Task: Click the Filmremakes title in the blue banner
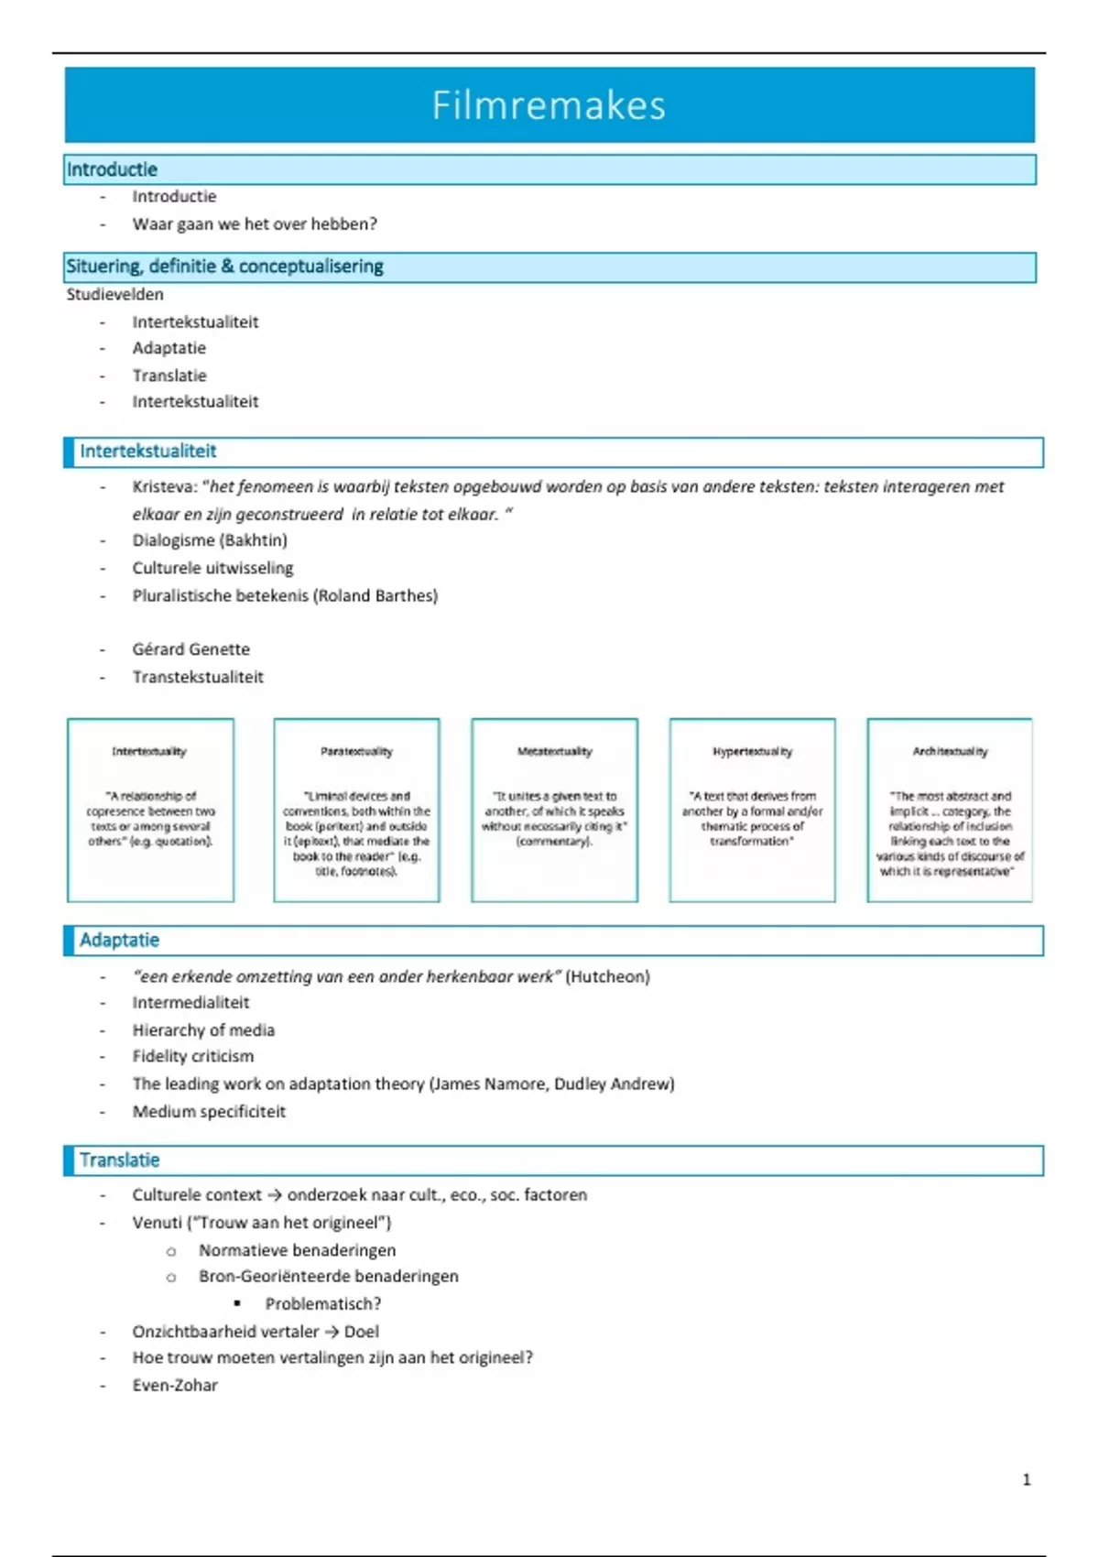pyautogui.click(x=549, y=105)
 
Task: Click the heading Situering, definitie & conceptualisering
pyautogui.click(x=224, y=267)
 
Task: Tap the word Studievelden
pyautogui.click(x=114, y=294)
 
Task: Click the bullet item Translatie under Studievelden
pyautogui.click(x=169, y=376)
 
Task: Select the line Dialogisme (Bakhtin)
pyautogui.click(x=210, y=540)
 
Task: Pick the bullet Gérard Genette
pyautogui.click(x=190, y=649)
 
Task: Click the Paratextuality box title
pyautogui.click(x=356, y=751)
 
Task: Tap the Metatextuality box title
pyautogui.click(x=554, y=751)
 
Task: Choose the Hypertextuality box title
pyautogui.click(x=752, y=751)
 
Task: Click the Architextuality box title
pyautogui.click(x=950, y=751)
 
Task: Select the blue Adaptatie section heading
pyautogui.click(x=119, y=940)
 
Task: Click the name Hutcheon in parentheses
pyautogui.click(x=607, y=976)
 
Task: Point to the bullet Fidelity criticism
pyautogui.click(x=193, y=1056)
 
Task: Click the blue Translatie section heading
pyautogui.click(x=119, y=1160)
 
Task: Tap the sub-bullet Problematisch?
pyautogui.click(x=323, y=1303)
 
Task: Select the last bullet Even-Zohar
pyautogui.click(x=175, y=1385)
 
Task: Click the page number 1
pyautogui.click(x=1026, y=1479)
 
